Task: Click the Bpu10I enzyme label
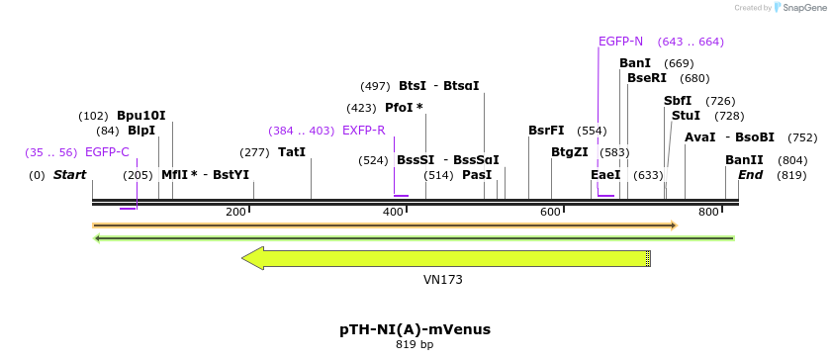pos(141,115)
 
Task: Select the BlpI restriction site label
pos(141,131)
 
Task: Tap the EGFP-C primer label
pos(107,152)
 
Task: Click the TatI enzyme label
pos(292,152)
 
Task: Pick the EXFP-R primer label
pos(364,131)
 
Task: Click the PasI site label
pos(477,175)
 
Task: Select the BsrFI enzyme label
pos(546,131)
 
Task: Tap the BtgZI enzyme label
pos(570,152)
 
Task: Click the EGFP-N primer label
pos(620,42)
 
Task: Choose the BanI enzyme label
pos(635,63)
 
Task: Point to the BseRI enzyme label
pos(647,78)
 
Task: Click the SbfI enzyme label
pos(678,101)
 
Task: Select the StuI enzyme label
pos(686,116)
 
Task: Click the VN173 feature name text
pos(442,280)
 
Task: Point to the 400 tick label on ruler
pos(393,213)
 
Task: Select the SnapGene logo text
pos(802,7)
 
